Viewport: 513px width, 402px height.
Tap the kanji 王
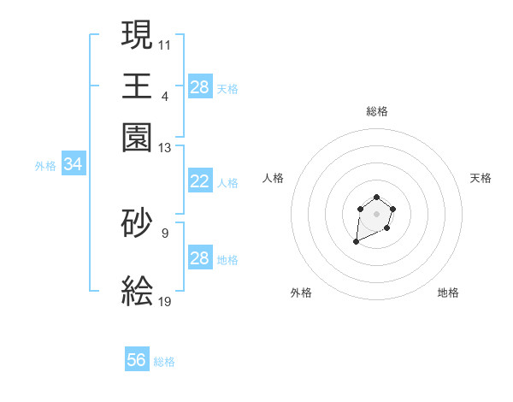pos(138,86)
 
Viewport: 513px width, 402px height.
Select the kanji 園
pos(138,138)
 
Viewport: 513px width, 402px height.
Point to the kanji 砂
pos(138,222)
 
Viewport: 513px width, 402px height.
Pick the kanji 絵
pos(138,292)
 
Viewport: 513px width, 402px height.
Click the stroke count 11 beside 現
pos(165,44)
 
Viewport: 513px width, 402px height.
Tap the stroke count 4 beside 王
pos(165,96)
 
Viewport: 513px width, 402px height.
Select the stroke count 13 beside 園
pos(165,148)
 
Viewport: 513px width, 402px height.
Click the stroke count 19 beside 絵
pos(165,301)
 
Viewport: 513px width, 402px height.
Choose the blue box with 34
pos(73,165)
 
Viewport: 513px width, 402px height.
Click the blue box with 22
pos(199,181)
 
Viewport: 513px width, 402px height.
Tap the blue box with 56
pos(137,360)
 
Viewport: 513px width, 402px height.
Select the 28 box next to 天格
pos(199,87)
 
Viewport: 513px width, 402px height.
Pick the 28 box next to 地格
pos(199,258)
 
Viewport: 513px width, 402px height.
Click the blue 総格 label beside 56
pos(164,362)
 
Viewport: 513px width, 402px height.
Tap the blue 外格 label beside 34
pos(45,166)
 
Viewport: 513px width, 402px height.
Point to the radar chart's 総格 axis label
pos(377,111)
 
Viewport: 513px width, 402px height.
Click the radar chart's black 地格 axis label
pos(448,293)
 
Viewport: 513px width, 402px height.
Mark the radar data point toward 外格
pos(356,243)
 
